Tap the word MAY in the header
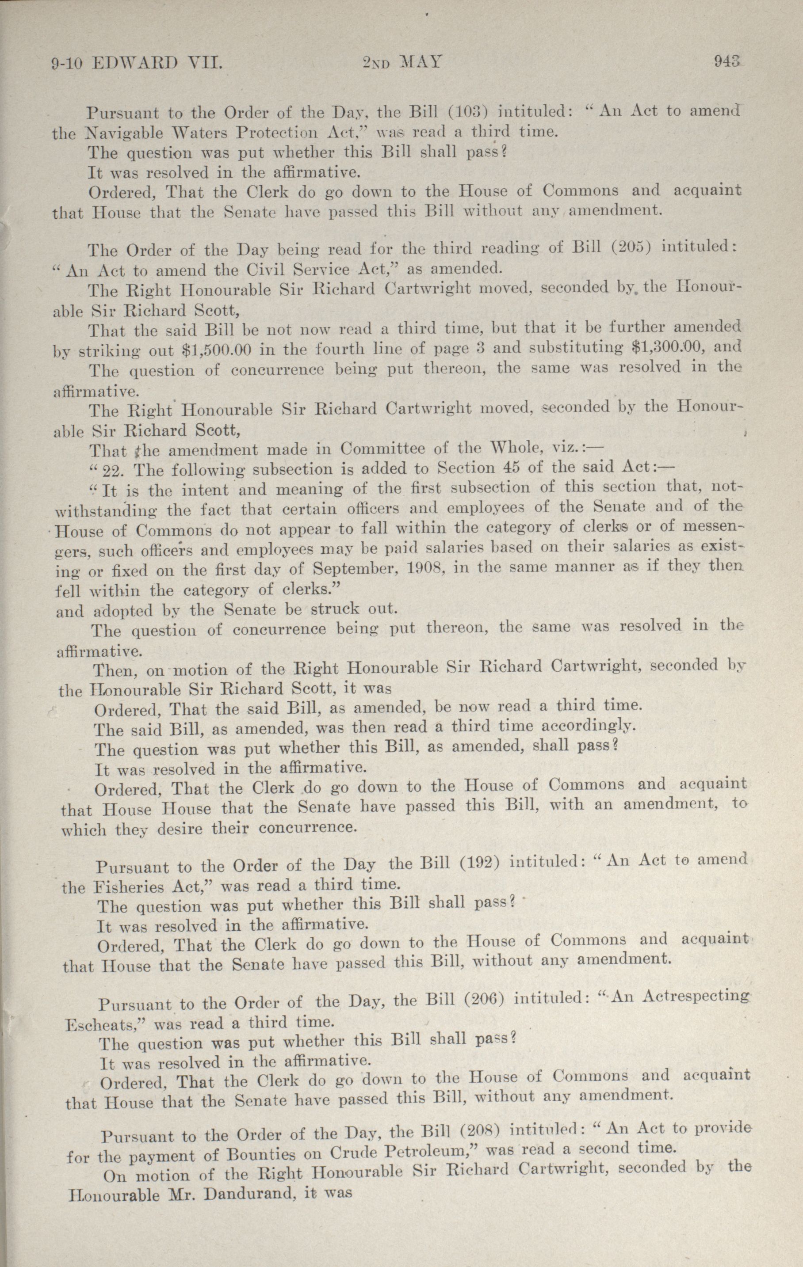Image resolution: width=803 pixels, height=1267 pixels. [x=420, y=63]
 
